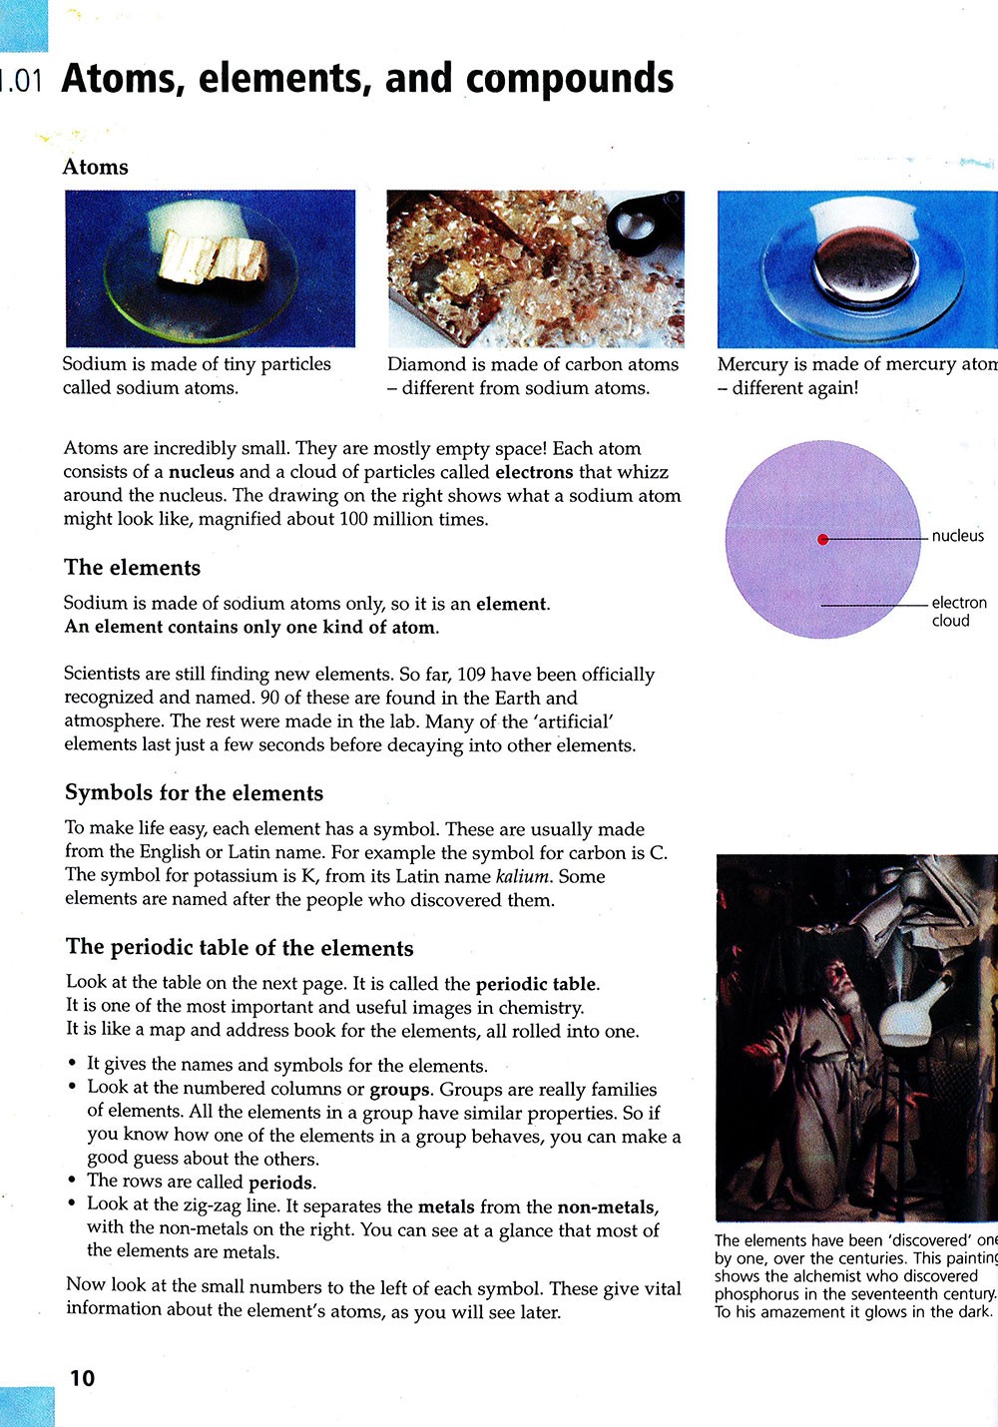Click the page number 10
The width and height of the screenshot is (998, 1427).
pos(82,1377)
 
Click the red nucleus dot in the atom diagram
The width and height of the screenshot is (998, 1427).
pos(823,539)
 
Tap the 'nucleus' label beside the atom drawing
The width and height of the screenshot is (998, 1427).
pos(957,536)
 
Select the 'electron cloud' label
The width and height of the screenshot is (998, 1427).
pos(958,611)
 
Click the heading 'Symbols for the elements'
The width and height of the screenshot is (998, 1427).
pos(194,793)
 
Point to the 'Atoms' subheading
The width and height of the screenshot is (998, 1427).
pos(96,167)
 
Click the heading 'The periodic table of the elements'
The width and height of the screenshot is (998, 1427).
pos(240,948)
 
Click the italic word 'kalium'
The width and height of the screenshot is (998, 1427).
pos(523,876)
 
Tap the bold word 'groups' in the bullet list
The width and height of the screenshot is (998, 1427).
pos(399,1089)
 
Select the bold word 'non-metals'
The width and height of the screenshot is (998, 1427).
pos(607,1206)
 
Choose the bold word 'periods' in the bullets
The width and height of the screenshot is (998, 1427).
pos(281,1183)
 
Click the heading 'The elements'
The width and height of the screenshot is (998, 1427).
pos(132,568)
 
